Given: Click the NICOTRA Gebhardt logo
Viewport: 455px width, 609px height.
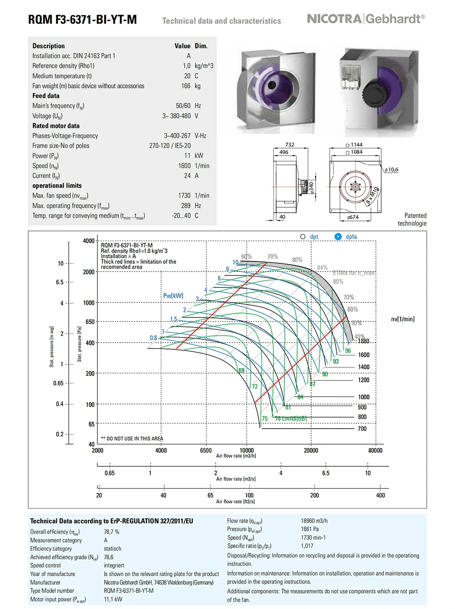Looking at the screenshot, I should [366, 19].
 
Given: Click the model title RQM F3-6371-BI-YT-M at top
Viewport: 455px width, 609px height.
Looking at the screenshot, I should [82, 20].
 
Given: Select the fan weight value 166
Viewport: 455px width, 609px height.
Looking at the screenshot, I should [186, 86].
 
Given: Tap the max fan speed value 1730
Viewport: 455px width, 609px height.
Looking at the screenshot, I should [184, 195].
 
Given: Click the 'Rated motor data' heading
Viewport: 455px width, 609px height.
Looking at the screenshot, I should [56, 126].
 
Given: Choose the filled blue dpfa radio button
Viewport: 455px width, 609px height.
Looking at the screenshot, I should [338, 236].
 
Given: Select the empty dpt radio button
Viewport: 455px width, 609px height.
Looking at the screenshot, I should [303, 236].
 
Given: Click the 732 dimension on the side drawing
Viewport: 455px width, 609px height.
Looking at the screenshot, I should [289, 145].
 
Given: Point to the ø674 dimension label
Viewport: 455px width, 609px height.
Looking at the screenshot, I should [353, 217].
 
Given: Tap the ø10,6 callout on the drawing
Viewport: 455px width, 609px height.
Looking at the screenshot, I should [391, 169].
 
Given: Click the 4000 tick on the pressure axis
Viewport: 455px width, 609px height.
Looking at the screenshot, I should [89, 241].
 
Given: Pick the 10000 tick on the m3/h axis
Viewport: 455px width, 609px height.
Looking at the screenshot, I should [247, 450].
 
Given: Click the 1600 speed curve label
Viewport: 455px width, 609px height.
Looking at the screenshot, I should [364, 355].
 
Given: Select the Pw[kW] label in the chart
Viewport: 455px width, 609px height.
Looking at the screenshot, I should [173, 296].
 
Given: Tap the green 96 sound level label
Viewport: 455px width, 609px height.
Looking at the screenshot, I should [348, 351].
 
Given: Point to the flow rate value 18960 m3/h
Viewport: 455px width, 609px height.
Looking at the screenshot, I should [314, 521].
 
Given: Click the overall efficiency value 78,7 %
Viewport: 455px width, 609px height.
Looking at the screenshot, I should [111, 532].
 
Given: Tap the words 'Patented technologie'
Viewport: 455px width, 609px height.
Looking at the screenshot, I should [412, 220].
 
